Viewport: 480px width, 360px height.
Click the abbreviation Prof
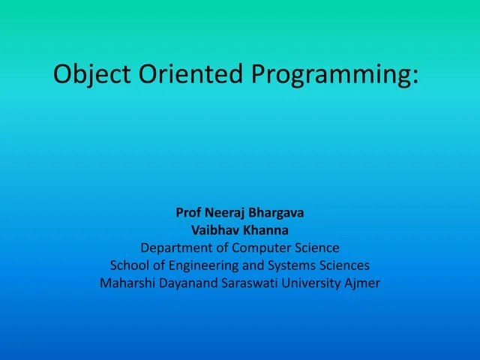click(188, 212)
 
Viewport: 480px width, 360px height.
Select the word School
click(129, 265)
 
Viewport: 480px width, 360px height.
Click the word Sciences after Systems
click(346, 265)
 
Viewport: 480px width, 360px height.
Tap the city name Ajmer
click(363, 284)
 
